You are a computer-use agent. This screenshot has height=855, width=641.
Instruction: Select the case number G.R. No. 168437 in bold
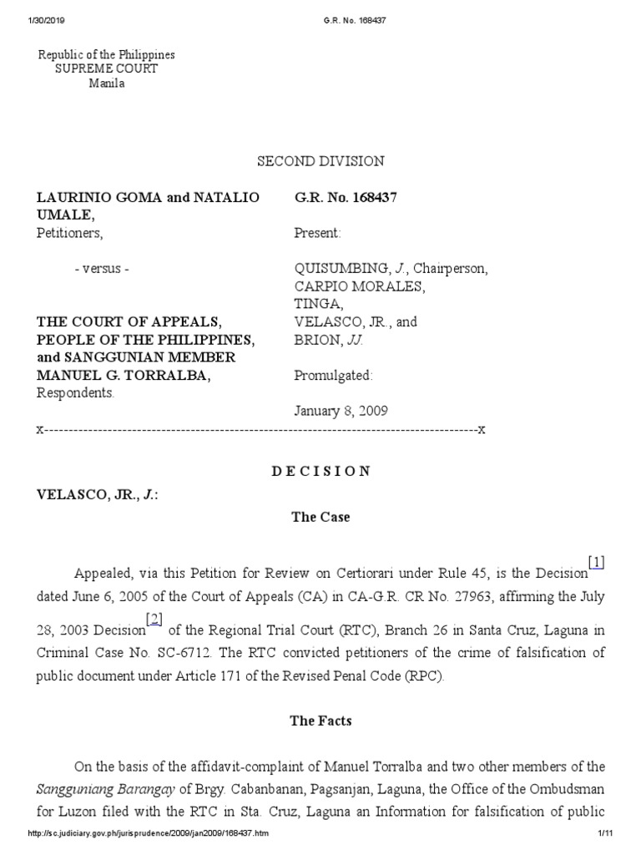[x=345, y=198]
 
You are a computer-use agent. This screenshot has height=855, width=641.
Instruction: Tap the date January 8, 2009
[x=341, y=411]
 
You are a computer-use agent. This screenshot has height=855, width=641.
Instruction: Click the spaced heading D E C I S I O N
[x=320, y=471]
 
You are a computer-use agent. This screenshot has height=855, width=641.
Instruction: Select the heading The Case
[x=320, y=517]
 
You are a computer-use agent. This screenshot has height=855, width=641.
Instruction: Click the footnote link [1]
[x=596, y=563]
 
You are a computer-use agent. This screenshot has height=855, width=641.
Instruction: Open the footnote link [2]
[x=154, y=619]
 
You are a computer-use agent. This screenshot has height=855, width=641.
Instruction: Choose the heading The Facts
[x=320, y=721]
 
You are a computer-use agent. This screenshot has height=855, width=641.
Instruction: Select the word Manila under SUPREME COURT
[x=107, y=84]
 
